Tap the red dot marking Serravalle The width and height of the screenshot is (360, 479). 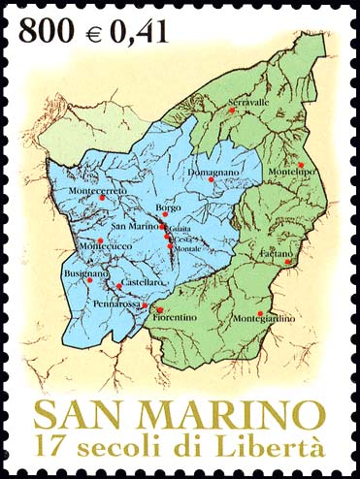coord(232,112)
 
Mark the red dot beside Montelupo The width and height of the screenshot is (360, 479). coord(302,164)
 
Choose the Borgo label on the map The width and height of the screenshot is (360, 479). coord(168,208)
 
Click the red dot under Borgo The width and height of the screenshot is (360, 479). coord(163,217)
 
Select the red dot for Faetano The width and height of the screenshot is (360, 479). coord(288,262)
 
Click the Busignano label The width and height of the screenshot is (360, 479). coord(86,275)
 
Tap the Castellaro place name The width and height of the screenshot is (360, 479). coord(143,282)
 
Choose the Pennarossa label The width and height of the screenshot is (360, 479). coord(117,303)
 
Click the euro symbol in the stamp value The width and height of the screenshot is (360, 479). coord(94,32)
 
